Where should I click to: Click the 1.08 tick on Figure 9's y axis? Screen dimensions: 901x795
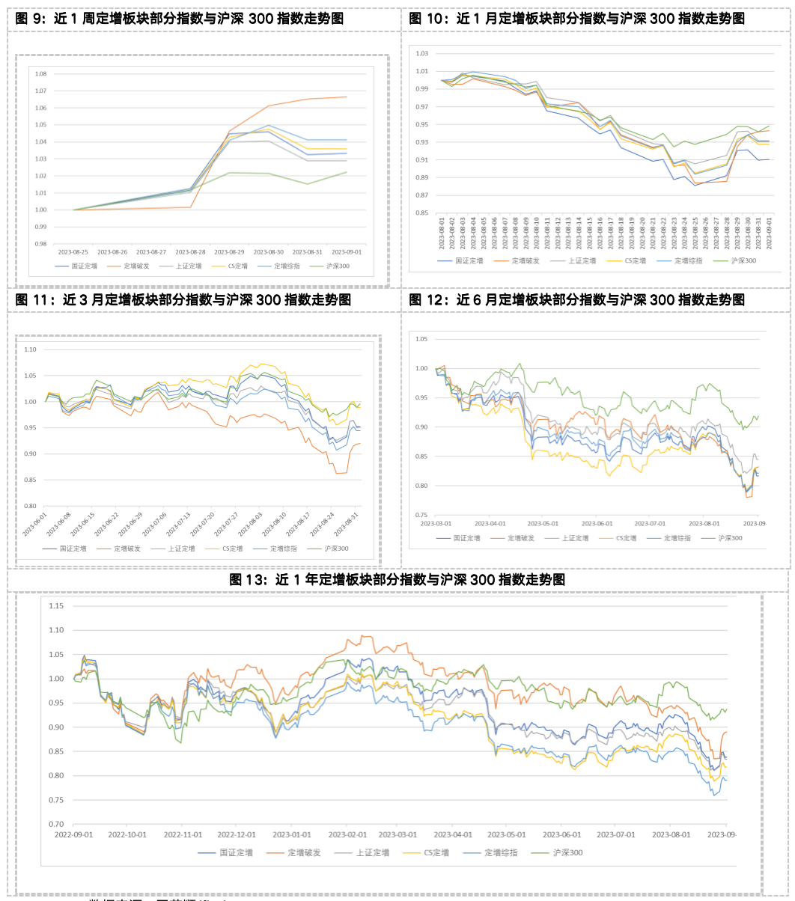40,74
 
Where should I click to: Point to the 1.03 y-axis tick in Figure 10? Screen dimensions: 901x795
421,54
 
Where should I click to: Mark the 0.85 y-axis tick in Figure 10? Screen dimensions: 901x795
421,213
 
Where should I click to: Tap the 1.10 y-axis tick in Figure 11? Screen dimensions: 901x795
30,349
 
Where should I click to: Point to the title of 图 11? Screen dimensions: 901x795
183,300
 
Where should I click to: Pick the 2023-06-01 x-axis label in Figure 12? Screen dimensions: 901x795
597,524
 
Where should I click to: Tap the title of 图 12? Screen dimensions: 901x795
577,300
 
